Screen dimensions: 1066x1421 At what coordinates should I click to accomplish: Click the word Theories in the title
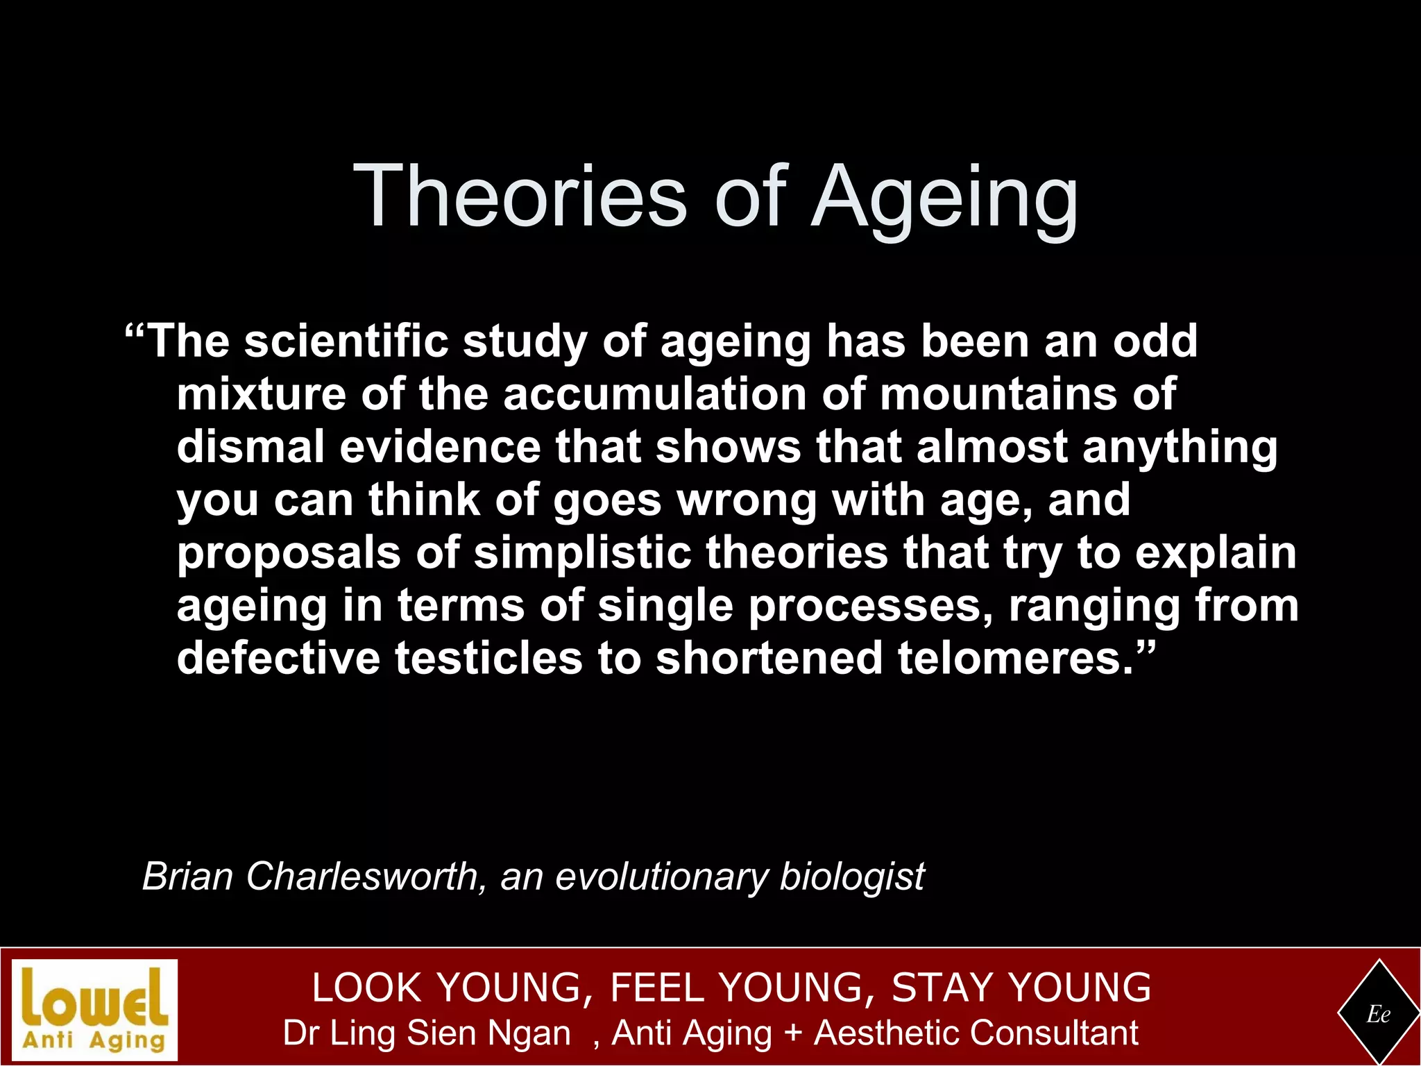[x=520, y=196]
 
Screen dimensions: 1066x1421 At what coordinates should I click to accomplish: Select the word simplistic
[x=583, y=553]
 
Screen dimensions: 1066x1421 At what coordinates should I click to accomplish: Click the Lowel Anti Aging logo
[x=95, y=1009]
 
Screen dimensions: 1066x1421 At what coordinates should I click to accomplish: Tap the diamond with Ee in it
[x=1378, y=1014]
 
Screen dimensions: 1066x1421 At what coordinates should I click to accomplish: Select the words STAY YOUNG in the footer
[x=1021, y=988]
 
